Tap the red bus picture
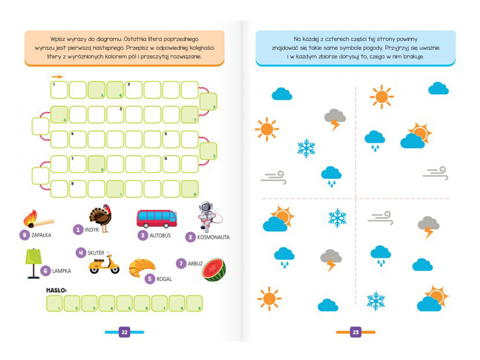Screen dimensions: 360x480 [x=156, y=218]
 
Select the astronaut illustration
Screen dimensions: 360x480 [x=208, y=216]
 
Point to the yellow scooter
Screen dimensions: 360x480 [x=104, y=264]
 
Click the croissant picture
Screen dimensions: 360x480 [x=142, y=268]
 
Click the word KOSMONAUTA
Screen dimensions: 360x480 [x=214, y=237]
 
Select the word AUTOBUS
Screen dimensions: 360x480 [x=160, y=236]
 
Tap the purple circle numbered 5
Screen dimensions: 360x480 [x=150, y=278]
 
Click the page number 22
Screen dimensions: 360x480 [x=124, y=332]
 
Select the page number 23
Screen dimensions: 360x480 [x=356, y=332]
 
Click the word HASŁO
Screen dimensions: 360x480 [x=56, y=291]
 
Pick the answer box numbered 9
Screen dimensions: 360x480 [x=194, y=303]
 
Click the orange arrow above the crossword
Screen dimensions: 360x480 [x=57, y=76]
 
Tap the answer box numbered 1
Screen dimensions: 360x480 [x=55, y=303]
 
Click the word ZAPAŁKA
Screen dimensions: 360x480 [x=41, y=236]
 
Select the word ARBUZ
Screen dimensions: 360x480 [x=196, y=264]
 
